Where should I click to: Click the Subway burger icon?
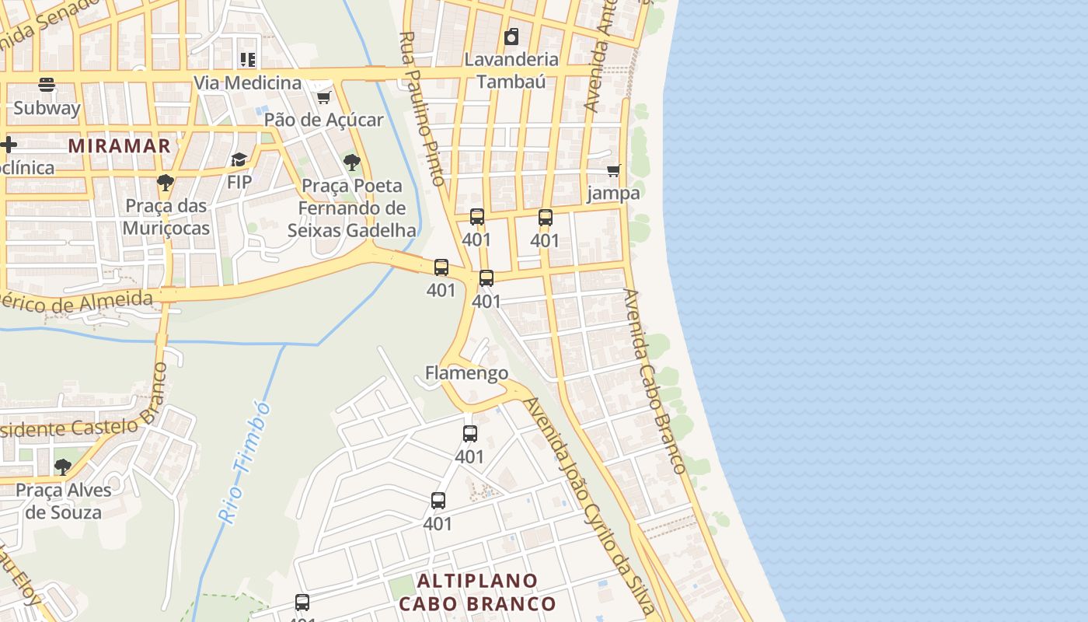point(46,84)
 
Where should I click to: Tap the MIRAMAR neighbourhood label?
point(119,145)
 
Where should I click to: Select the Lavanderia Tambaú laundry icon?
point(511,37)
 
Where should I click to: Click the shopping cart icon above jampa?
point(614,170)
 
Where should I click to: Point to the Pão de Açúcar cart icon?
point(323,97)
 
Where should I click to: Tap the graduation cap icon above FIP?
point(239,159)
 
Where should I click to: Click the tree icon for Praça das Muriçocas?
point(165,183)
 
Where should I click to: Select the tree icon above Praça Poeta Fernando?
point(351,162)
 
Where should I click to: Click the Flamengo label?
point(466,373)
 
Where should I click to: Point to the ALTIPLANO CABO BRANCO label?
point(477,592)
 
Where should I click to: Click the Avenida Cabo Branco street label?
point(654,381)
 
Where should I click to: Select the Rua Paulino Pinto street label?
point(422,109)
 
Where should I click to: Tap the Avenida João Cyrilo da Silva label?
point(590,505)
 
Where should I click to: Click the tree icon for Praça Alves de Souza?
point(62,467)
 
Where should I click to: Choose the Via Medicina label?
point(247,82)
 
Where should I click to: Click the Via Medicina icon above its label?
point(247,59)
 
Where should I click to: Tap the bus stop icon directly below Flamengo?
point(470,434)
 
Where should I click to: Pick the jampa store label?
point(613,193)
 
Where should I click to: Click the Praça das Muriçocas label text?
point(166,217)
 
